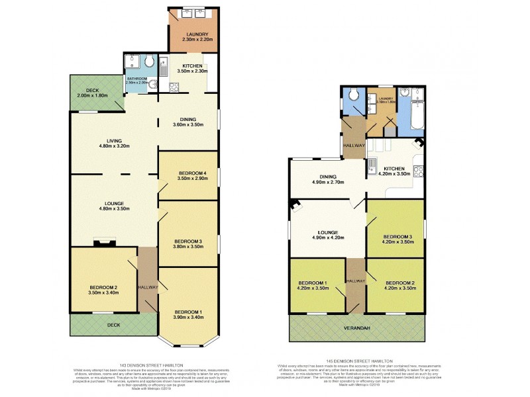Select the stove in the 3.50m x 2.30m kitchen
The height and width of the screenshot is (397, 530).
[174, 85]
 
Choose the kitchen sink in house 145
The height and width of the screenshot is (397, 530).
[373, 164]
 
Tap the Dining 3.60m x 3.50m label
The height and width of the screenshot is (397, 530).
[187, 122]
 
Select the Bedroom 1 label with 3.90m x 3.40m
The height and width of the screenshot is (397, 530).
[187, 314]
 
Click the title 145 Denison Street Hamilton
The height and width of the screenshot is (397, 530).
[355, 361]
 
